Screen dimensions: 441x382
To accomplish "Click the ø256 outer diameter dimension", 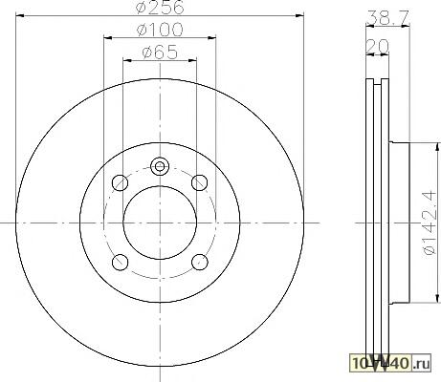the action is pyautogui.click(x=160, y=7).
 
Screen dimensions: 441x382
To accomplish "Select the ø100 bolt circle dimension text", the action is pyautogui.click(x=160, y=30).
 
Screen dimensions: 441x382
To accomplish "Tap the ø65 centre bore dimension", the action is pyautogui.click(x=160, y=52).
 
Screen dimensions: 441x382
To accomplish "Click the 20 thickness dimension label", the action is pyautogui.click(x=377, y=47).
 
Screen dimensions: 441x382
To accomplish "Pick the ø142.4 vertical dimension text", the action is pyautogui.click(x=429, y=223).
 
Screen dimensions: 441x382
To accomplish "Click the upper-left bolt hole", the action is pyautogui.click(x=121, y=183).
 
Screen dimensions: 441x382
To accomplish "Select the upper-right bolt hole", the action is pyautogui.click(x=200, y=183).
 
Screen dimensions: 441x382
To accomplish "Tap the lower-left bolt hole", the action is pyautogui.click(x=121, y=263).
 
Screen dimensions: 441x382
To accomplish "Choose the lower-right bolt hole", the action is pyautogui.click(x=200, y=263).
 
